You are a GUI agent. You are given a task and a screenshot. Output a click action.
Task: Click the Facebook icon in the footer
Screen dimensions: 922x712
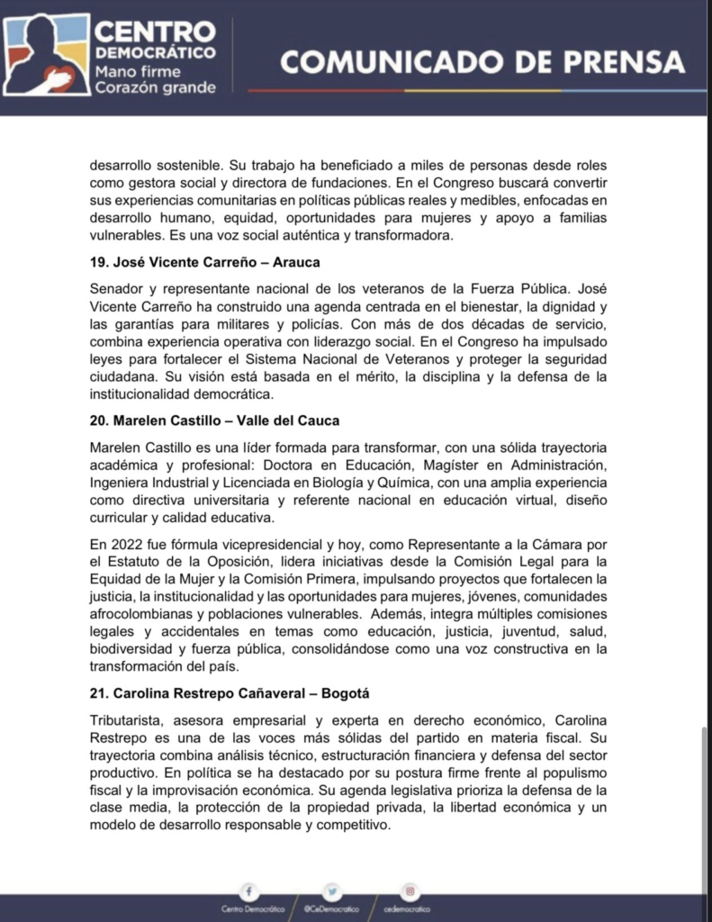point(248,891)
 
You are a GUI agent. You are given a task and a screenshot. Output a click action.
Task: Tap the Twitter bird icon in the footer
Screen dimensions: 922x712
point(332,891)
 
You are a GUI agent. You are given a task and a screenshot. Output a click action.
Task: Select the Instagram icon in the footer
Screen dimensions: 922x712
point(410,891)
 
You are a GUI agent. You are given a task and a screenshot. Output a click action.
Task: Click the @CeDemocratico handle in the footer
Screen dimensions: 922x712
point(331,909)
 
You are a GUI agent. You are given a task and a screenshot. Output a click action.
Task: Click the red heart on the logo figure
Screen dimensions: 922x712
point(56,80)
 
